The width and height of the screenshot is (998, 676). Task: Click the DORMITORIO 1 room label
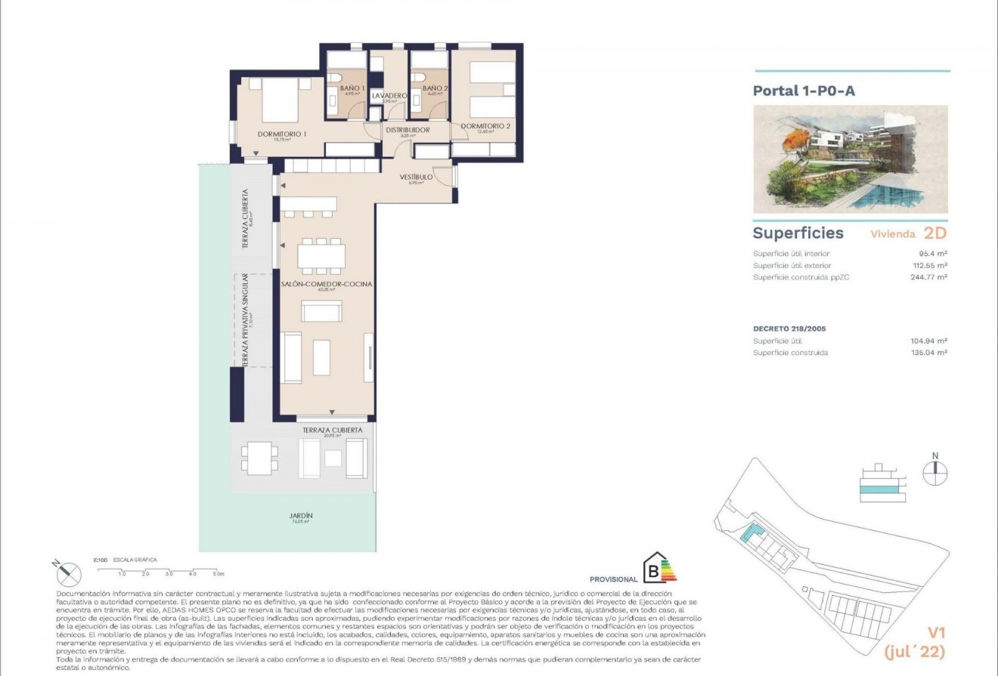pos(281,134)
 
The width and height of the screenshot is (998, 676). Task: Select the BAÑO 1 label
pos(352,88)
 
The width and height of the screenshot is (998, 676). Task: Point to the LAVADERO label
pos(389,96)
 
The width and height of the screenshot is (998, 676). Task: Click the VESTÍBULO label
pos(416,177)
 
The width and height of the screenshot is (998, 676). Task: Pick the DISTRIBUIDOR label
pos(408,130)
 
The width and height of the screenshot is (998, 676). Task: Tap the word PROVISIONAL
pos(613,579)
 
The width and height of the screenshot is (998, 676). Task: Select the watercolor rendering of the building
pos(851,159)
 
